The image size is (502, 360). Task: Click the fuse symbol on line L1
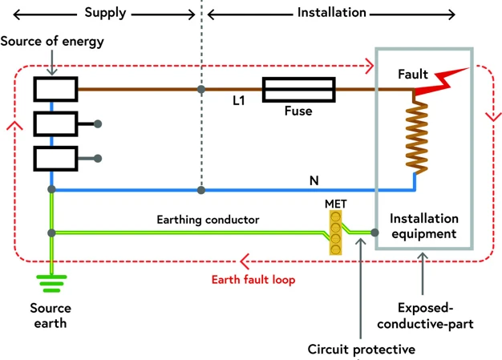tap(298, 90)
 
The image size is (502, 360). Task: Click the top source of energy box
tap(55, 90)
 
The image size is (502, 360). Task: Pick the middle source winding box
tap(55, 124)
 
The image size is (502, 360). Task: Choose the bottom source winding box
tap(55, 158)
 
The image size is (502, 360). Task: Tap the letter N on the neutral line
tap(314, 180)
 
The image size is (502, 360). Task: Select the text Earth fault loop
tap(253, 280)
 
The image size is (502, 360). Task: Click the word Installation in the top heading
tap(331, 13)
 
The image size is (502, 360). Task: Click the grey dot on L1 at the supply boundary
tap(201, 90)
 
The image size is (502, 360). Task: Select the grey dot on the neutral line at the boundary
tap(201, 190)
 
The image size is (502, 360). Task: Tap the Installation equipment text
tap(423, 226)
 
